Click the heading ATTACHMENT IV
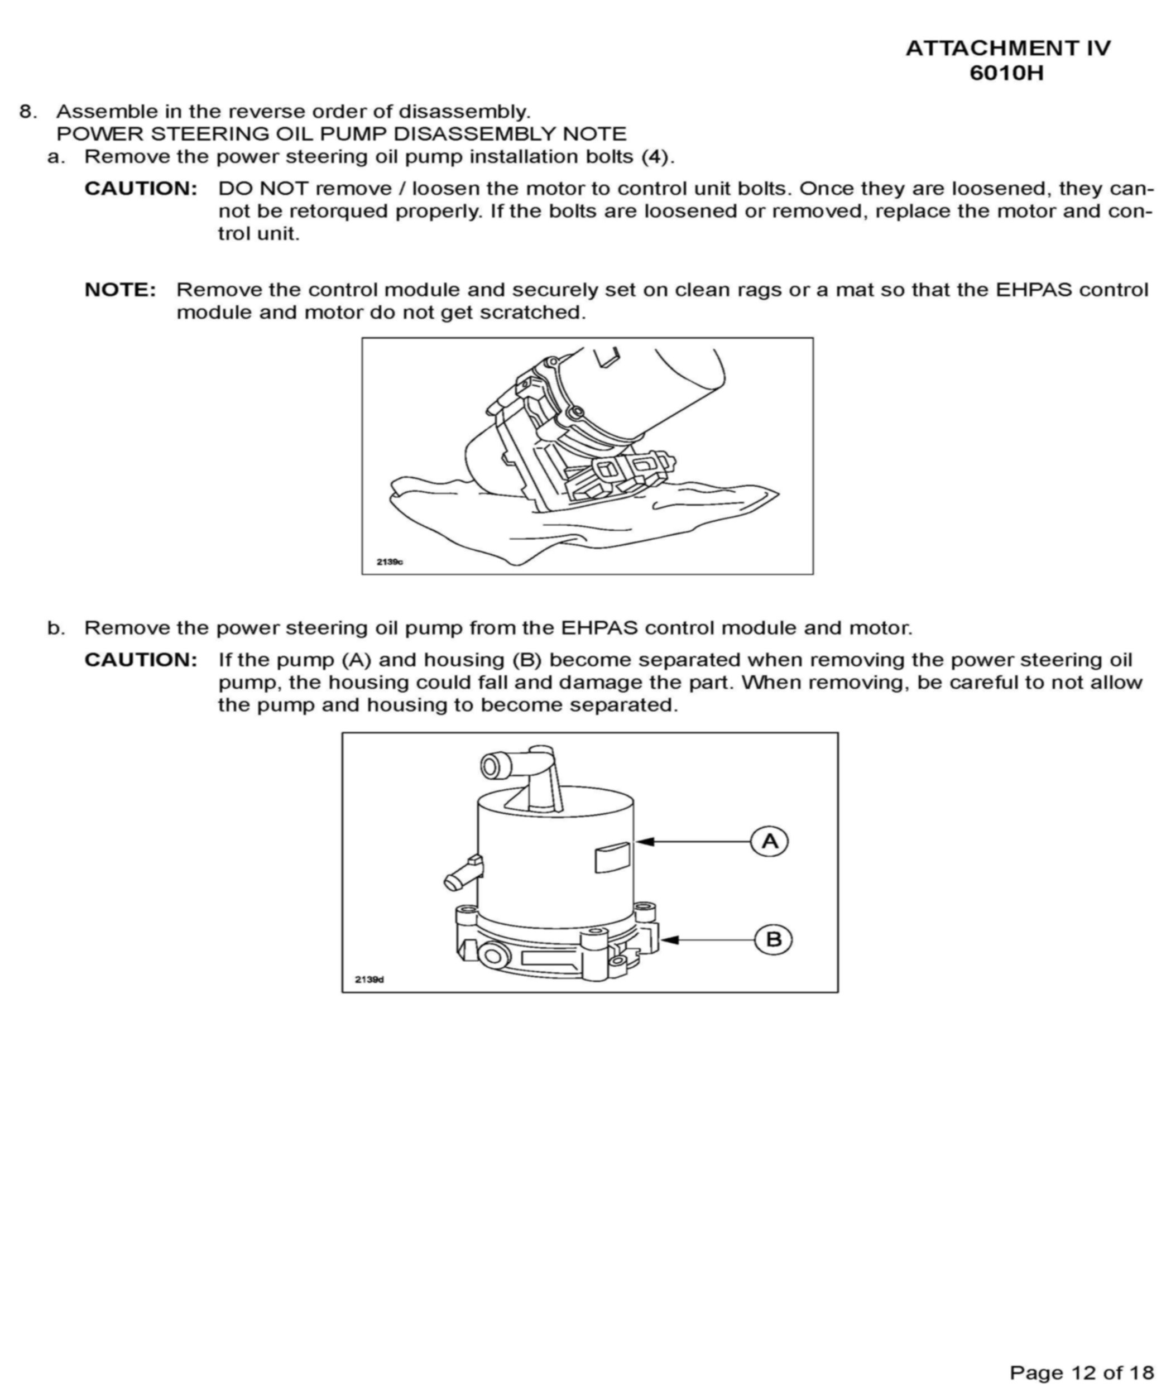tap(1007, 49)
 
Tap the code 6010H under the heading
tap(1006, 73)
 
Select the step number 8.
tap(27, 111)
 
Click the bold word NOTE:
tap(121, 290)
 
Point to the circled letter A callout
tap(769, 842)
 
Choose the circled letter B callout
tap(773, 939)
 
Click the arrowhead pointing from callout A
tap(644, 842)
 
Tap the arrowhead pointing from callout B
tap(669, 939)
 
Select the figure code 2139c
tap(390, 561)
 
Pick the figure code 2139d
tap(370, 979)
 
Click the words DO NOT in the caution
tap(263, 189)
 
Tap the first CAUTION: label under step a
tap(141, 189)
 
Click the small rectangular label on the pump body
tap(612, 857)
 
